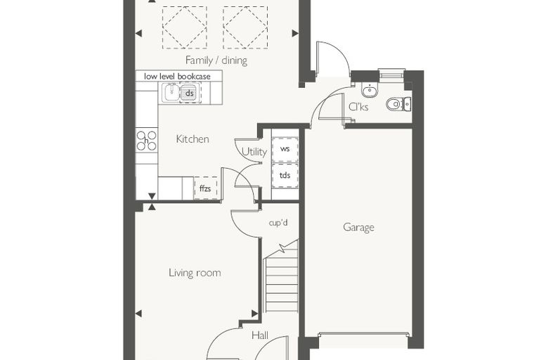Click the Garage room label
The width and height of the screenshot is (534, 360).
(358, 227)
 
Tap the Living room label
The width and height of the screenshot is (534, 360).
(195, 273)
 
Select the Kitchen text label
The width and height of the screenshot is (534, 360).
(193, 139)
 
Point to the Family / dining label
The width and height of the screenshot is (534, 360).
(216, 60)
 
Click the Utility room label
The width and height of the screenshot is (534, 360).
(254, 152)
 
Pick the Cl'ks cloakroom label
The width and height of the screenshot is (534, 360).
(358, 107)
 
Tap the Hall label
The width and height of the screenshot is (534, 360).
(260, 335)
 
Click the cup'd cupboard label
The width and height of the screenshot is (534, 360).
(278, 223)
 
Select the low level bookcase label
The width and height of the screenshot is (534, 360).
(177, 77)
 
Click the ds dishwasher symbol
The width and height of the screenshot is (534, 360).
(190, 93)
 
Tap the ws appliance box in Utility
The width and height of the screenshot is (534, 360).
(285, 149)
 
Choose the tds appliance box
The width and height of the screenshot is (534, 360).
(285, 176)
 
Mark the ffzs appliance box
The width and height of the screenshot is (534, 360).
(205, 188)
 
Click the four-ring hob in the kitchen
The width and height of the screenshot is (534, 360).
(146, 141)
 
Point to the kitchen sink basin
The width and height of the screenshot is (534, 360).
(170, 92)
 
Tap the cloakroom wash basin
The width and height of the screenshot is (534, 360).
(370, 90)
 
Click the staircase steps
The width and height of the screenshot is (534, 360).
(282, 278)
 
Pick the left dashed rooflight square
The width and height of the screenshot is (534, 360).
(185, 27)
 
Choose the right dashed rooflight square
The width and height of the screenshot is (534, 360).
(245, 27)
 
